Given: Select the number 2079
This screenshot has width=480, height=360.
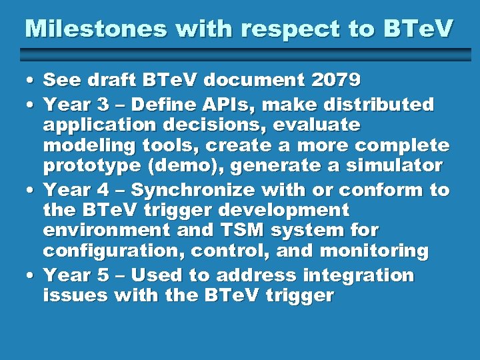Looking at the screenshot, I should (335, 81).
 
